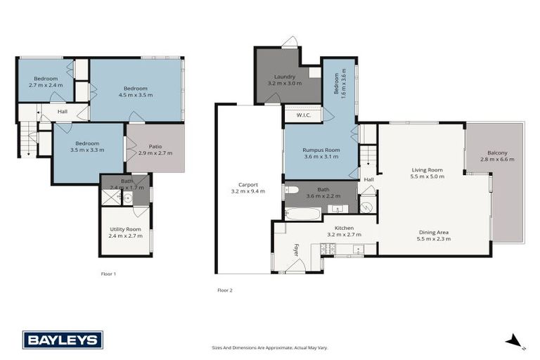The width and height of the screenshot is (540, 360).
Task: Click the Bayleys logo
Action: pyautogui.click(x=63, y=340)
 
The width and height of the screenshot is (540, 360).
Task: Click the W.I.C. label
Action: pyautogui.click(x=304, y=115)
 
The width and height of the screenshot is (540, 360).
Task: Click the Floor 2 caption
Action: pyautogui.click(x=224, y=290)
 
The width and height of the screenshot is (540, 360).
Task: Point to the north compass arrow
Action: pyautogui.click(x=514, y=342)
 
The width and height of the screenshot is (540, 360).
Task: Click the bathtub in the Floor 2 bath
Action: pyautogui.click(x=303, y=213)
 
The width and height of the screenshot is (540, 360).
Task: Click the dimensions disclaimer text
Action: pyautogui.click(x=270, y=347)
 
